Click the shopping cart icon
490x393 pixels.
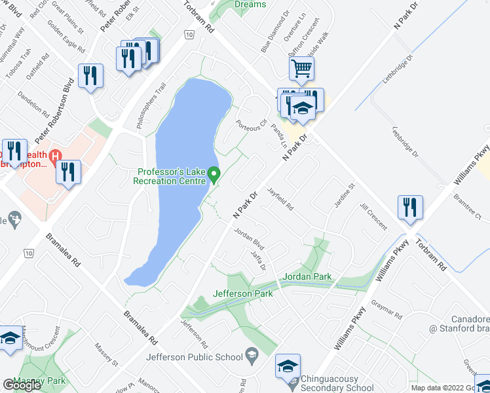(x=301, y=68)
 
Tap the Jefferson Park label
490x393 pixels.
(x=242, y=293)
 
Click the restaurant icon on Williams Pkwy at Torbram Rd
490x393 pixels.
(x=410, y=208)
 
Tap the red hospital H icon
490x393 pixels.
(x=56, y=156)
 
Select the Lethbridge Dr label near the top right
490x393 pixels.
(x=400, y=67)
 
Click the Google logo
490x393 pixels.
(x=22, y=385)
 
